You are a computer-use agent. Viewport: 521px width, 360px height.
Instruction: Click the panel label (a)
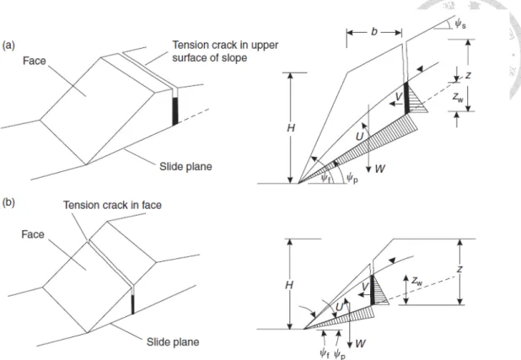(x=8, y=46)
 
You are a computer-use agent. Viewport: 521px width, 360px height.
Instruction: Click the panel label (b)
(x=8, y=202)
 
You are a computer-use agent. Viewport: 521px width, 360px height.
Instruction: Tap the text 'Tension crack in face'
(x=112, y=205)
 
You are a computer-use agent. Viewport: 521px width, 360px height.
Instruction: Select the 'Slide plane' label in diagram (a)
(x=185, y=167)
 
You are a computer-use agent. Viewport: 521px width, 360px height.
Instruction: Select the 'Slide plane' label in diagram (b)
(x=173, y=342)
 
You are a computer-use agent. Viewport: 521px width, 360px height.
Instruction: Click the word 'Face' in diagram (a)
(x=35, y=61)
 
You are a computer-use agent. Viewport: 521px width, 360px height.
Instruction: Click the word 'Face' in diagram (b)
(x=33, y=234)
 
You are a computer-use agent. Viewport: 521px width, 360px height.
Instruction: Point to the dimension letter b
(x=374, y=31)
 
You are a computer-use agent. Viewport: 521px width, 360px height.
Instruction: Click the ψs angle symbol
(x=460, y=24)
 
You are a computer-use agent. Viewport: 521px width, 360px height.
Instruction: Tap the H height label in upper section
(x=291, y=128)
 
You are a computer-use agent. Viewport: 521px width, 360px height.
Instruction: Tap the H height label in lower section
(x=289, y=285)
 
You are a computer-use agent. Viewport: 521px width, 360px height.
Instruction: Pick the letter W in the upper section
(x=379, y=169)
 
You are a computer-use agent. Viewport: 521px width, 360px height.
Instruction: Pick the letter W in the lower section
(x=360, y=343)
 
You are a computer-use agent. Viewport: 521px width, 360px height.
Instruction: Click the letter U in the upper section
(x=359, y=137)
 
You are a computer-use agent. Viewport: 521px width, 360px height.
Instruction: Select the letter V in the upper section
(x=399, y=97)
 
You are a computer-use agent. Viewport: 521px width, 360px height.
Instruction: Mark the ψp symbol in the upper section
(x=352, y=179)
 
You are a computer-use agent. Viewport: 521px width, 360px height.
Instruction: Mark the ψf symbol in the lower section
(x=325, y=353)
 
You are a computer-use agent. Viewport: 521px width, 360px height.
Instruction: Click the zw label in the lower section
(x=417, y=282)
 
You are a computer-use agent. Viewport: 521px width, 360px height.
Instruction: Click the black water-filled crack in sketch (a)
(x=175, y=111)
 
